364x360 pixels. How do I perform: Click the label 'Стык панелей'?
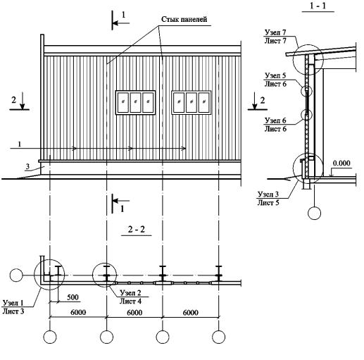click(x=184, y=19)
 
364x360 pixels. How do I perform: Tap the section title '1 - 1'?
click(x=318, y=6)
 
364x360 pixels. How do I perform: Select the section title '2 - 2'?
click(x=137, y=229)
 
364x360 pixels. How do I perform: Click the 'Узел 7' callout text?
click(x=275, y=32)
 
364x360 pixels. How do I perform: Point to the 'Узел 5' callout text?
click(x=275, y=75)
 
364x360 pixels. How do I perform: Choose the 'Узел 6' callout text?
click(x=275, y=120)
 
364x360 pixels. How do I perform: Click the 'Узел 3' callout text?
click(x=268, y=194)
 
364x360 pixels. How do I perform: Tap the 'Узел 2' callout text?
click(x=130, y=292)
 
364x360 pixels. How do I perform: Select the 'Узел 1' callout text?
click(x=13, y=303)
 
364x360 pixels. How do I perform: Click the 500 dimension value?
click(x=73, y=297)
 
